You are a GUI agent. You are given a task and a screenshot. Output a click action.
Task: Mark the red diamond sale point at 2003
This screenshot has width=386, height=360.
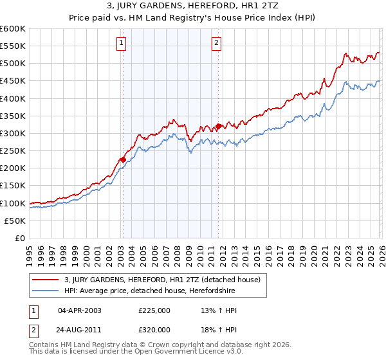click(x=122, y=159)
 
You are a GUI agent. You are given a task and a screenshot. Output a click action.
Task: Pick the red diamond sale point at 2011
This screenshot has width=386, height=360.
click(x=218, y=126)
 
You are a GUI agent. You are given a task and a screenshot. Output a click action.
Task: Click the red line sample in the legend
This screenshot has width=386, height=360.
click(x=46, y=280)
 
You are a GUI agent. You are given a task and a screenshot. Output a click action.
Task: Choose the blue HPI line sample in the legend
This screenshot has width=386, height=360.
click(x=46, y=291)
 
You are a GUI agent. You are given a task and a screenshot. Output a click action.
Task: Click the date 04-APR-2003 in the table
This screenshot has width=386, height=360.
click(x=79, y=310)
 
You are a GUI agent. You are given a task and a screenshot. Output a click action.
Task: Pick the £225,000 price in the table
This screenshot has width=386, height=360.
click(x=154, y=310)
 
